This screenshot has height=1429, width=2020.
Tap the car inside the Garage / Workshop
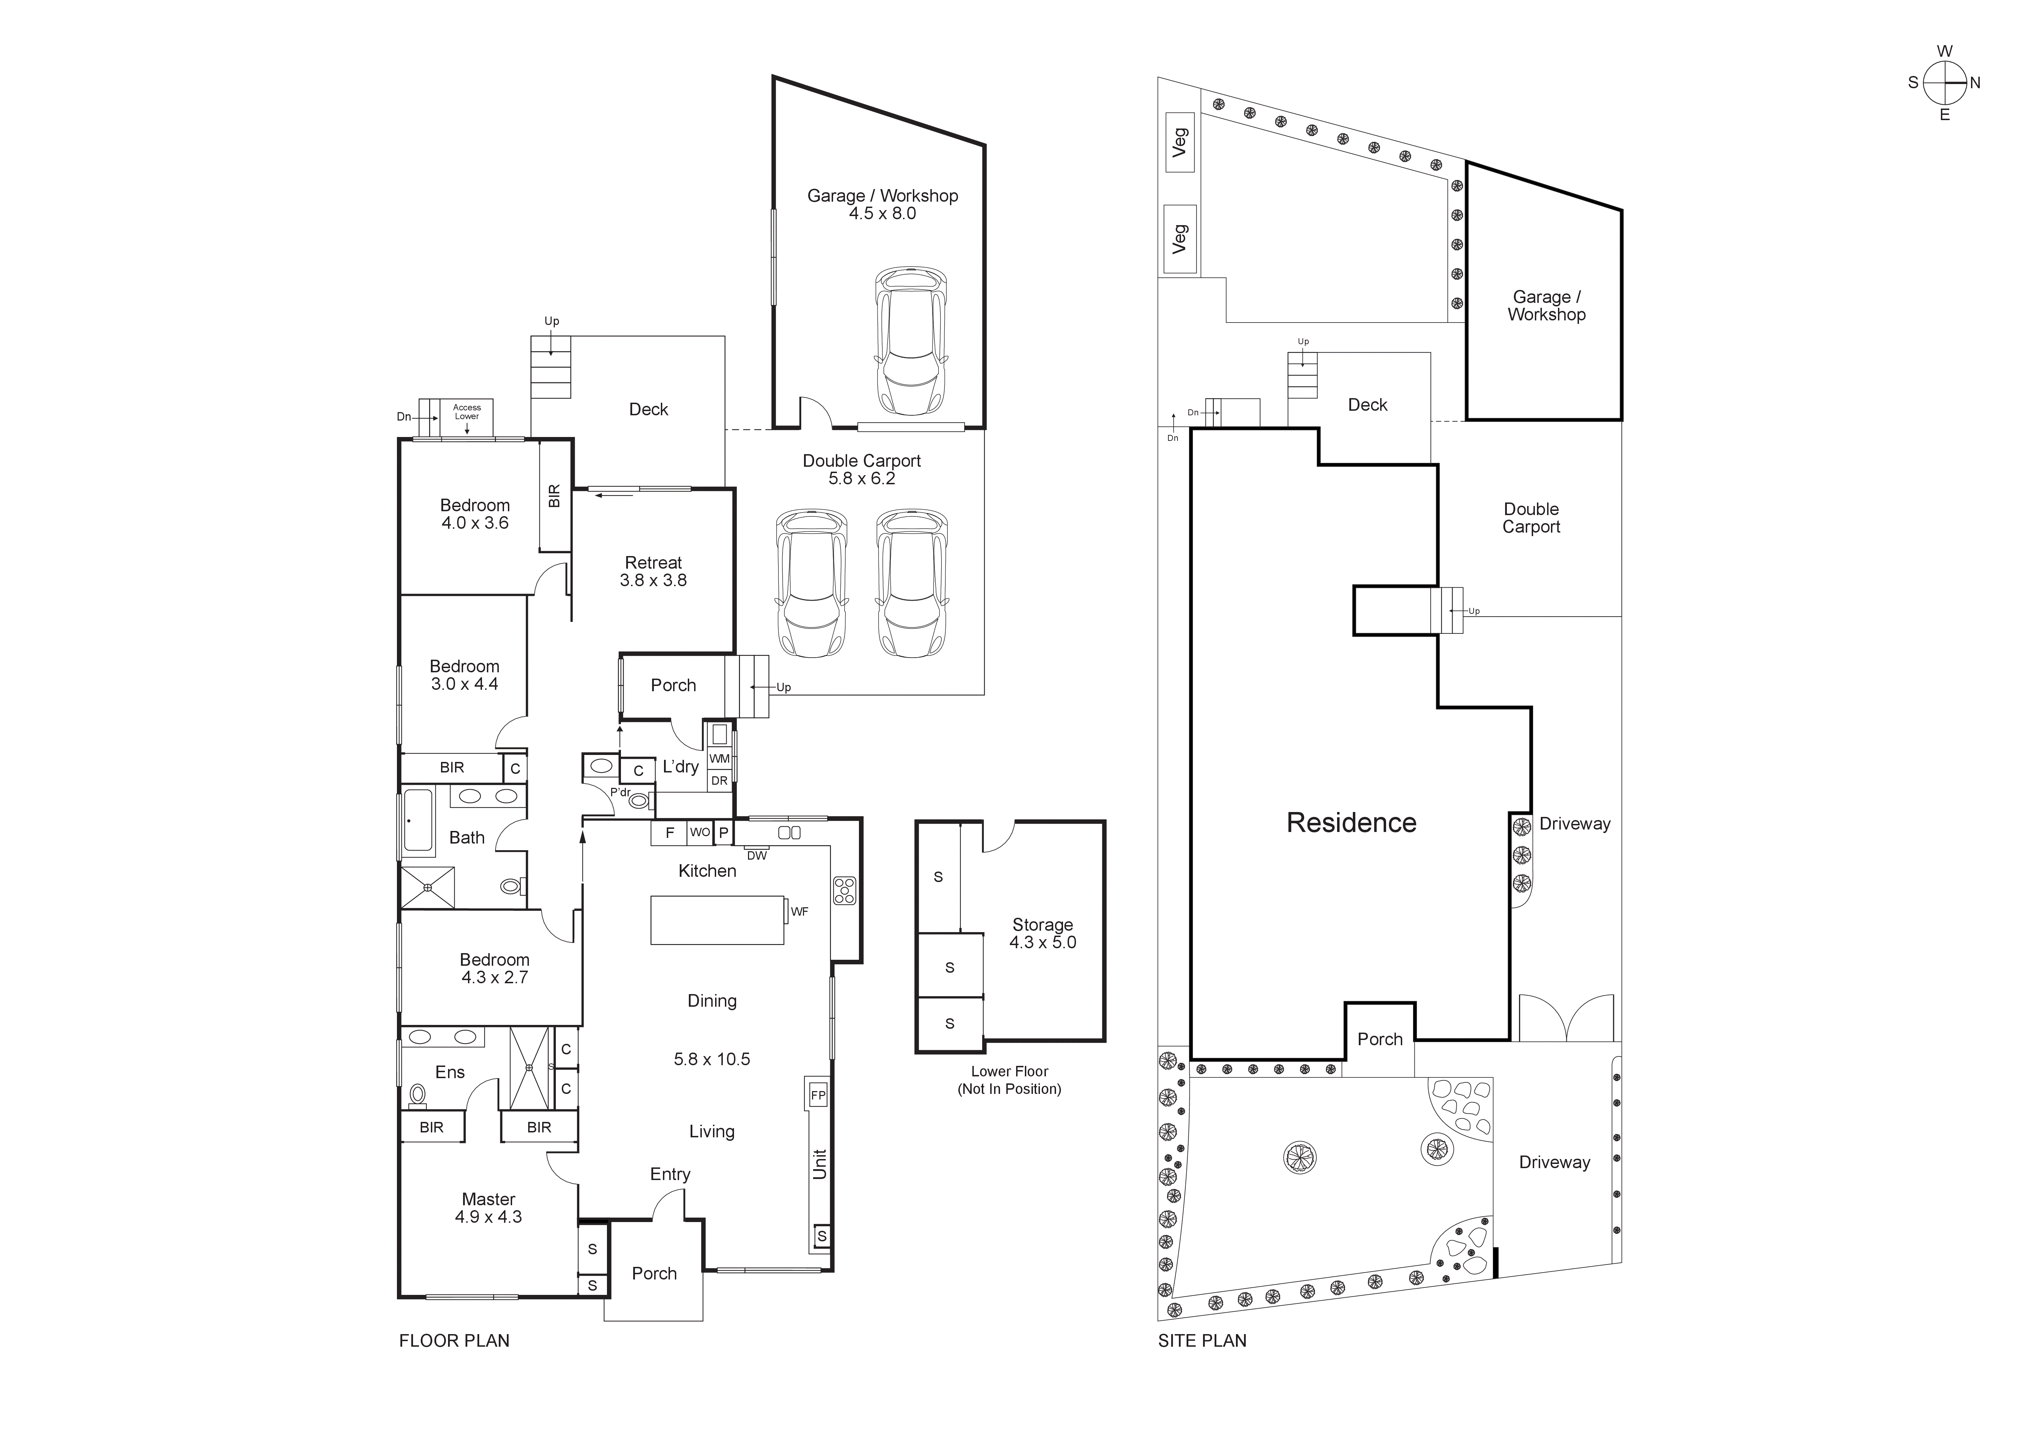click(911, 341)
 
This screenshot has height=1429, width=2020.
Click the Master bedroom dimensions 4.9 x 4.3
click(488, 1217)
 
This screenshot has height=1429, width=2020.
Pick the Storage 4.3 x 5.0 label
click(1042, 933)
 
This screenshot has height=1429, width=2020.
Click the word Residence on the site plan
click(1351, 823)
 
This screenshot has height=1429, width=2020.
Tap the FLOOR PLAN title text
click(454, 1341)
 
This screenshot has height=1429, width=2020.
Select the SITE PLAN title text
click(1202, 1341)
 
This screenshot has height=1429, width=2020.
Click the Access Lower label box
click(467, 412)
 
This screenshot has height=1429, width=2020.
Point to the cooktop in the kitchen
click(845, 890)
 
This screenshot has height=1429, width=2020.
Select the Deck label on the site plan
click(1367, 405)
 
